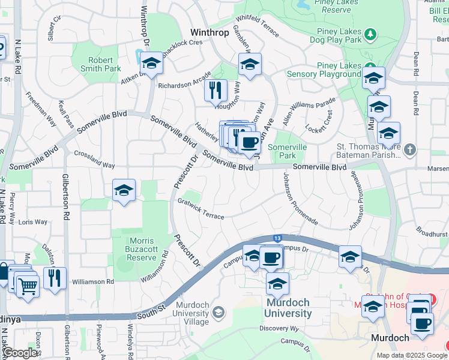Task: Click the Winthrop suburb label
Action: (x=209, y=32)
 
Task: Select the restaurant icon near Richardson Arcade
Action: (x=215, y=91)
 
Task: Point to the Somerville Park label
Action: (x=288, y=151)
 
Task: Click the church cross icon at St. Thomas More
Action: (x=410, y=149)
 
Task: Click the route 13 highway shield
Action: (x=277, y=238)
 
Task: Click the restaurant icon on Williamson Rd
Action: (x=55, y=278)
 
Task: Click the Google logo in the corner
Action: (x=20, y=353)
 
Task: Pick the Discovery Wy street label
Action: (x=279, y=328)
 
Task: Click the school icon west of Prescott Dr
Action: (x=124, y=190)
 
